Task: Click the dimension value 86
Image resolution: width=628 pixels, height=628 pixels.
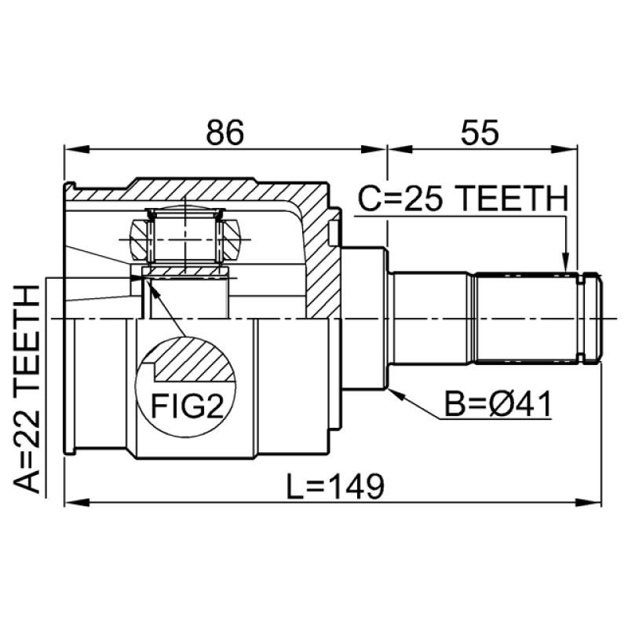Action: pyautogui.click(x=225, y=133)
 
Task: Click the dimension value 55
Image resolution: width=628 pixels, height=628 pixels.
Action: pyautogui.click(x=480, y=133)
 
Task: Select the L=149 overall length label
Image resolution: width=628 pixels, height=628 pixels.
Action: pyautogui.click(x=335, y=486)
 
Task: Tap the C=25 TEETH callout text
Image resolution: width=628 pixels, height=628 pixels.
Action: pyautogui.click(x=463, y=199)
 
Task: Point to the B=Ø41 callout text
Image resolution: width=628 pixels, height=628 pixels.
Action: pyautogui.click(x=498, y=403)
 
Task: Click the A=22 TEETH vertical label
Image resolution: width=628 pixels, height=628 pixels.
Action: pyautogui.click(x=27, y=389)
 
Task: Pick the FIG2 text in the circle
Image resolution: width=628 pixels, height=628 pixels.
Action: pyautogui.click(x=187, y=406)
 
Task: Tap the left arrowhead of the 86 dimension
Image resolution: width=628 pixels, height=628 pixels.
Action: pyautogui.click(x=76, y=149)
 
